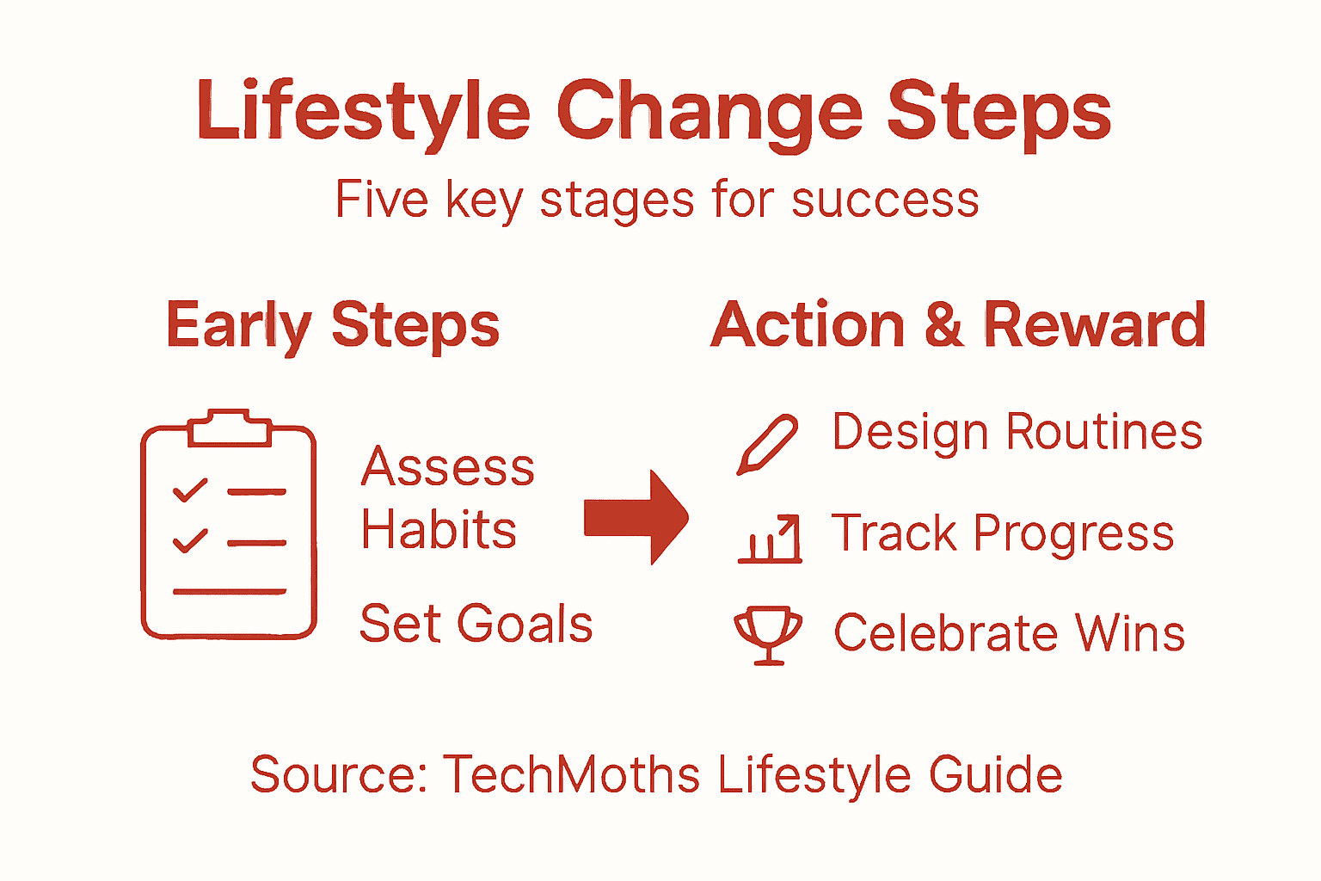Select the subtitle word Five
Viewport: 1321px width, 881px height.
pos(381,200)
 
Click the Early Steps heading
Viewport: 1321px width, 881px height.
pos(333,325)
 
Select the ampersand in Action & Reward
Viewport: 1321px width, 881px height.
pos(943,325)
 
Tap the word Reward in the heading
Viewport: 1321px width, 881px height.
pos(1094,325)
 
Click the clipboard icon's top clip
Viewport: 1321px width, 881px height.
pos(229,427)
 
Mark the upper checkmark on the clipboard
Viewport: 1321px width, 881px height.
pos(190,490)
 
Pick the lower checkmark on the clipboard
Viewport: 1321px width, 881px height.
pos(190,540)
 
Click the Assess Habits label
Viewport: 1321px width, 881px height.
pos(445,498)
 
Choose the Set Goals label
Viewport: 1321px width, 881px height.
pos(476,624)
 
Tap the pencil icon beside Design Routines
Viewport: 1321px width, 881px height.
pos(767,443)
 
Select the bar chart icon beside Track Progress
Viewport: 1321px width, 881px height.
pos(771,539)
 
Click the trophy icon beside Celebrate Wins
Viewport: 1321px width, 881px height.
pos(768,635)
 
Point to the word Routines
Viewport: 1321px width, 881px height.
pos(1104,432)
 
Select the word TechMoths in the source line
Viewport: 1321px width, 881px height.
pos(572,774)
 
